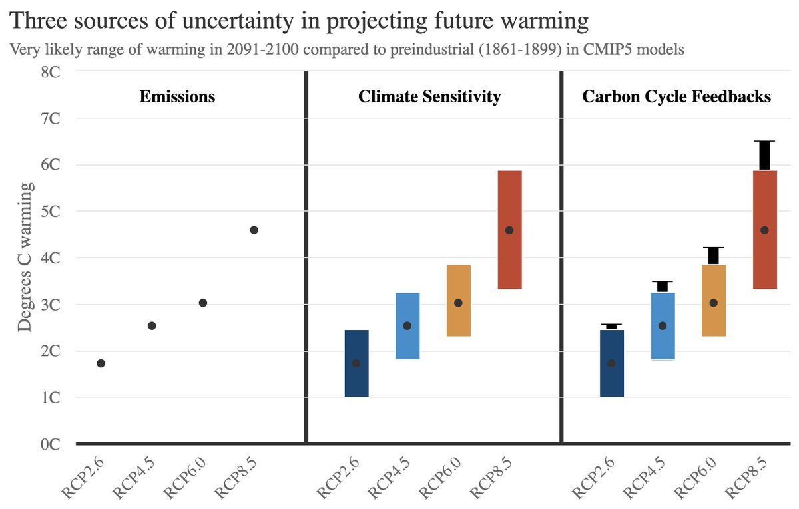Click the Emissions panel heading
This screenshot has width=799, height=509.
pyautogui.click(x=177, y=96)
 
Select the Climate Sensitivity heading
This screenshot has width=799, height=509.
pyautogui.click(x=429, y=96)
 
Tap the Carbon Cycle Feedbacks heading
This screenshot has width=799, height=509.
pyautogui.click(x=676, y=96)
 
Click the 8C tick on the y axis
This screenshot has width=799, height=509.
pyautogui.click(x=50, y=71)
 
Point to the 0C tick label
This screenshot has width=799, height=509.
pyautogui.click(x=50, y=444)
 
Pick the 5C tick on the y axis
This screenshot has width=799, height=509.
pyautogui.click(x=50, y=211)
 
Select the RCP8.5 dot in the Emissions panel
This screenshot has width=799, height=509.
pyautogui.click(x=254, y=230)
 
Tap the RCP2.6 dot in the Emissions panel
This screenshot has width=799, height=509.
pyautogui.click(x=101, y=363)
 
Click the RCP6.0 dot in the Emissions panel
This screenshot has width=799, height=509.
pyautogui.click(x=203, y=303)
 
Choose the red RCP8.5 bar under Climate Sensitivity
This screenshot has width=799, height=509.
pyautogui.click(x=509, y=259)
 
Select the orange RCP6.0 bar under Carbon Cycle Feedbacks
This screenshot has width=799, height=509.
pyautogui.click(x=713, y=319)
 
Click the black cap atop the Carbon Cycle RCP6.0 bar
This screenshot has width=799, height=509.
pyautogui.click(x=713, y=255)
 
